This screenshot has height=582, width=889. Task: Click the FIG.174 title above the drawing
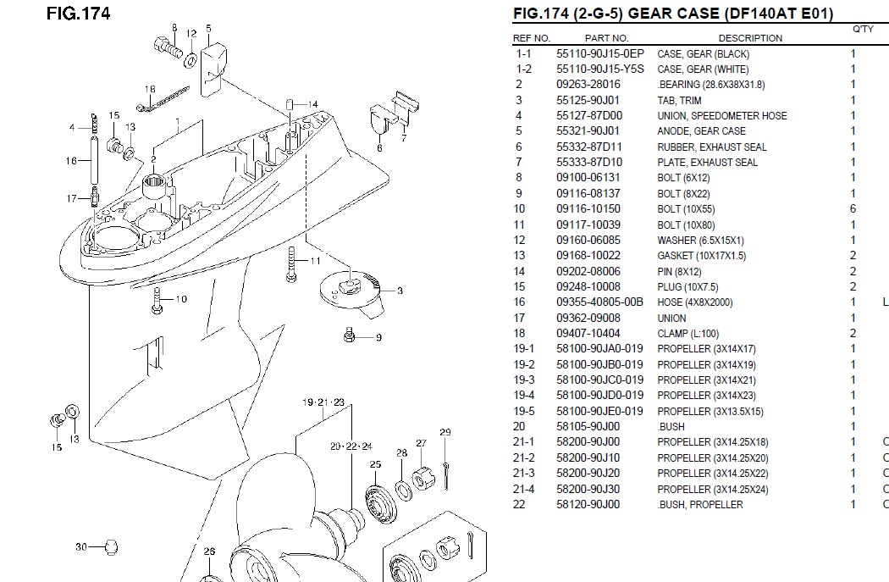tap(79, 14)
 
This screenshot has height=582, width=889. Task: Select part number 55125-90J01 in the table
tap(588, 100)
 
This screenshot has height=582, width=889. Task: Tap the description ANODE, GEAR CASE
tap(701, 131)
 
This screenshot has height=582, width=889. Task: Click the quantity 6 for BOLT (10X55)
tap(853, 209)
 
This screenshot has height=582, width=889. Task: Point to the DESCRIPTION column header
tap(750, 38)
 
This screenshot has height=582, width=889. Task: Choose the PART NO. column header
tap(606, 38)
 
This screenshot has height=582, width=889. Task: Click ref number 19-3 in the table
tap(524, 380)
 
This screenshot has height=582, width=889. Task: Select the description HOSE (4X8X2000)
tap(694, 302)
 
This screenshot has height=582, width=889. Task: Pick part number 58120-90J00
tap(588, 505)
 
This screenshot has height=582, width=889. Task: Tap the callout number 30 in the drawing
tap(81, 546)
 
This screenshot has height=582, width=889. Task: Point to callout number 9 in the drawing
tap(378, 337)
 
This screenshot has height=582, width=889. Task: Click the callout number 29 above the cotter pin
tap(445, 433)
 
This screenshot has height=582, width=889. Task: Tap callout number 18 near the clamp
tap(150, 89)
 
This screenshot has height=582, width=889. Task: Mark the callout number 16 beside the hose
tap(71, 160)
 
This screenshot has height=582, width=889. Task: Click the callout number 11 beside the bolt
tap(316, 260)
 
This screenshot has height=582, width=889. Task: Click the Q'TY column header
tap(863, 29)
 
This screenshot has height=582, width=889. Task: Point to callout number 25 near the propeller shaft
tap(375, 464)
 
